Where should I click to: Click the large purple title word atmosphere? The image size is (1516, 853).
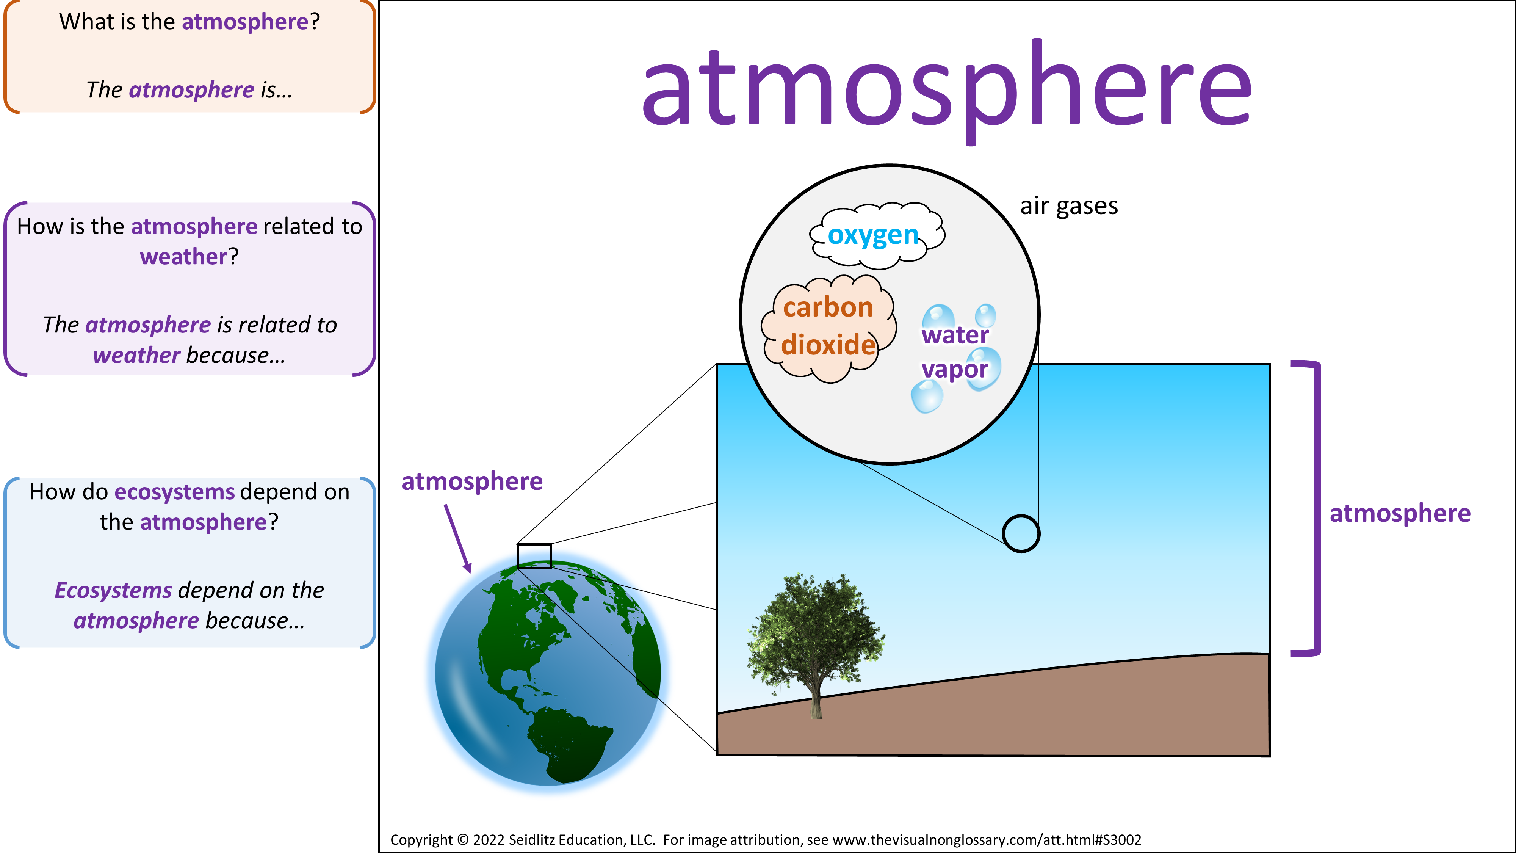(947, 88)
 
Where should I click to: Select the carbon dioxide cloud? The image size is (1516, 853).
(828, 328)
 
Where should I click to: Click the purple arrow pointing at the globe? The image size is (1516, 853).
(458, 538)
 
